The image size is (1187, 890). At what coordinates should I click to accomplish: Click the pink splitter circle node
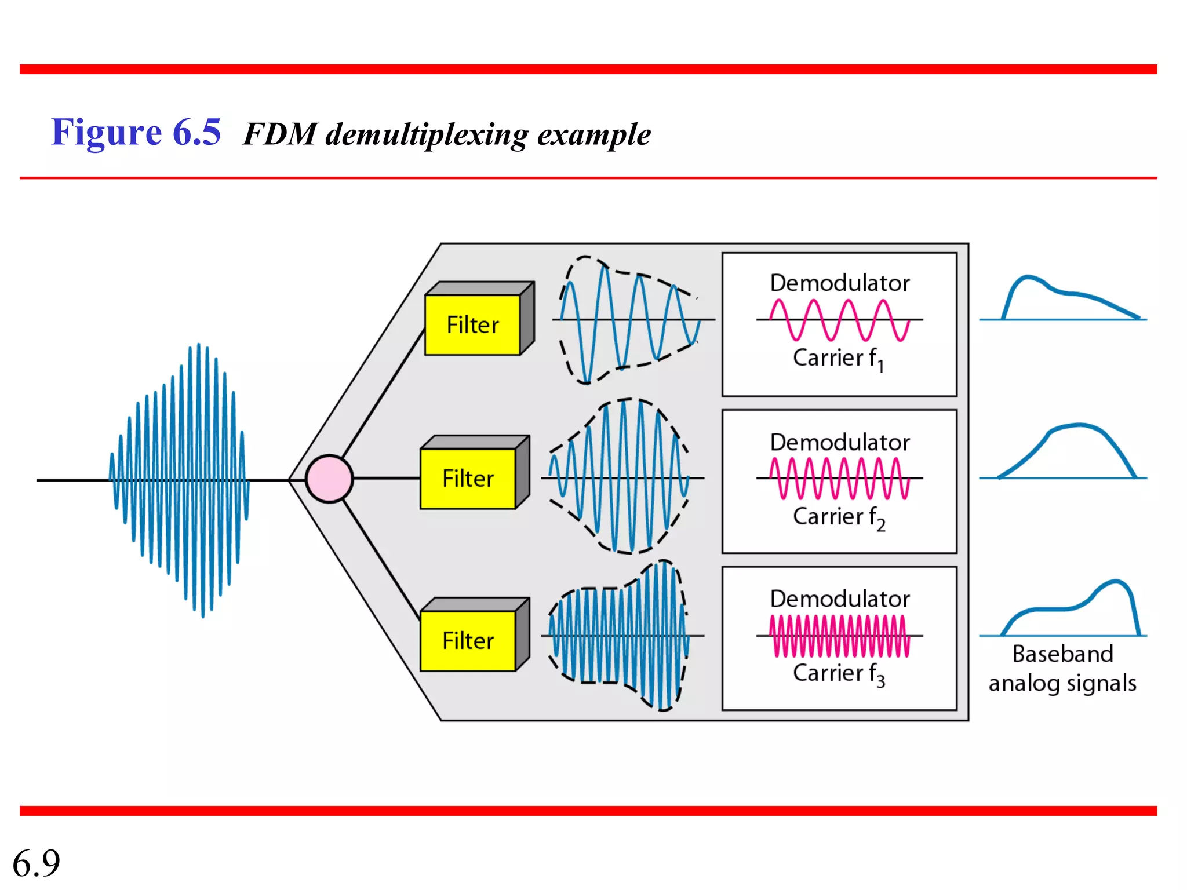[x=329, y=479]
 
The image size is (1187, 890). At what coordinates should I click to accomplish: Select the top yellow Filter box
[x=472, y=325]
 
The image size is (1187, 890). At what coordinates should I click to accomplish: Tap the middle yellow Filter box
[x=468, y=479]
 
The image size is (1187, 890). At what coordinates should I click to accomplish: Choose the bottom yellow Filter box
[x=468, y=641]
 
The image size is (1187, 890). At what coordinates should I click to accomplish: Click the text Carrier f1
[x=838, y=359]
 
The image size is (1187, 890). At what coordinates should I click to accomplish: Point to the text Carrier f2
[x=838, y=517]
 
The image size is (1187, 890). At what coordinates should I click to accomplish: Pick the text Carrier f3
[x=838, y=674]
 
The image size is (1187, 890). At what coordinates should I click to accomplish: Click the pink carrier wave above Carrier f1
[x=839, y=320]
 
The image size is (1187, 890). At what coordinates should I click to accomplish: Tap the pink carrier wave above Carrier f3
[x=839, y=636]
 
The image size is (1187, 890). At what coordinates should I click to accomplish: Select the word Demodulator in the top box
[x=840, y=283]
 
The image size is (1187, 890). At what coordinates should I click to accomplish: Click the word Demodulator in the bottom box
[x=840, y=599]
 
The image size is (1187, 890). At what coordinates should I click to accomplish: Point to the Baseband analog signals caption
[x=1062, y=669]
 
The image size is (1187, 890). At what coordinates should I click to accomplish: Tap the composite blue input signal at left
[x=180, y=480]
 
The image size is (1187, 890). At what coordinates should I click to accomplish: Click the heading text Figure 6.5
[x=136, y=132]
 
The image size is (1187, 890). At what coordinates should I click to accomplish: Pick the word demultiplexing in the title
[x=427, y=135]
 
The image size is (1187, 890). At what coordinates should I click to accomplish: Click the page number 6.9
[x=36, y=863]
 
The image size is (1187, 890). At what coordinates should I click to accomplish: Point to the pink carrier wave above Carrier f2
[x=839, y=478]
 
